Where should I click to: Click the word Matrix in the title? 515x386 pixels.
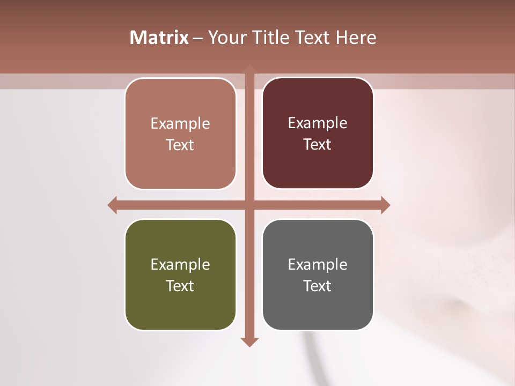[159, 38]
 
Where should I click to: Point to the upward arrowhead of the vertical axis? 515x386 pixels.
[249, 69]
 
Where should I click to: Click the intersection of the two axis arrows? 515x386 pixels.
[249, 205]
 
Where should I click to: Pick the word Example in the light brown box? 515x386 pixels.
[180, 124]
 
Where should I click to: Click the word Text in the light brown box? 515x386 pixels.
[180, 145]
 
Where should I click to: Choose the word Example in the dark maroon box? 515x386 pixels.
[318, 123]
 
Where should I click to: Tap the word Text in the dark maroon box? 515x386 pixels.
[318, 144]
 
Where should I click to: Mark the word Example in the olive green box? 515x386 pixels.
[180, 265]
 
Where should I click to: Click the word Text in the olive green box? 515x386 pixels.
[180, 286]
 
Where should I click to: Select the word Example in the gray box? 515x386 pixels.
[318, 265]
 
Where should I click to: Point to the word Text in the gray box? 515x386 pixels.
[318, 286]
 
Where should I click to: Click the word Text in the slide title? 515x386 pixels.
[312, 38]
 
